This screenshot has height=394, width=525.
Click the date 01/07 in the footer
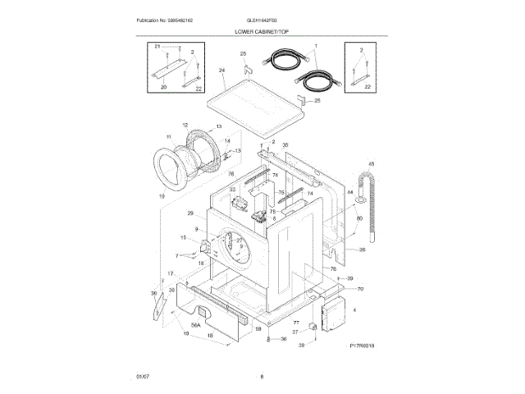(x=143, y=376)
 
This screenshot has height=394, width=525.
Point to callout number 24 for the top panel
(x=221, y=71)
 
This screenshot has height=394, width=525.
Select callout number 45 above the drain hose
(x=371, y=164)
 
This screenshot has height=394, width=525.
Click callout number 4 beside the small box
(x=354, y=310)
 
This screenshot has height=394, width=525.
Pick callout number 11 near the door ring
(x=169, y=137)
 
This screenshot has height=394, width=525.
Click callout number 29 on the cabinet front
(x=189, y=213)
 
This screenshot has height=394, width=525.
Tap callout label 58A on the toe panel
(x=196, y=326)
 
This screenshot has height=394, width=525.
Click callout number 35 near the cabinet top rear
(x=285, y=145)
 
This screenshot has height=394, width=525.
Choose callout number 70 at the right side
(x=359, y=289)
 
